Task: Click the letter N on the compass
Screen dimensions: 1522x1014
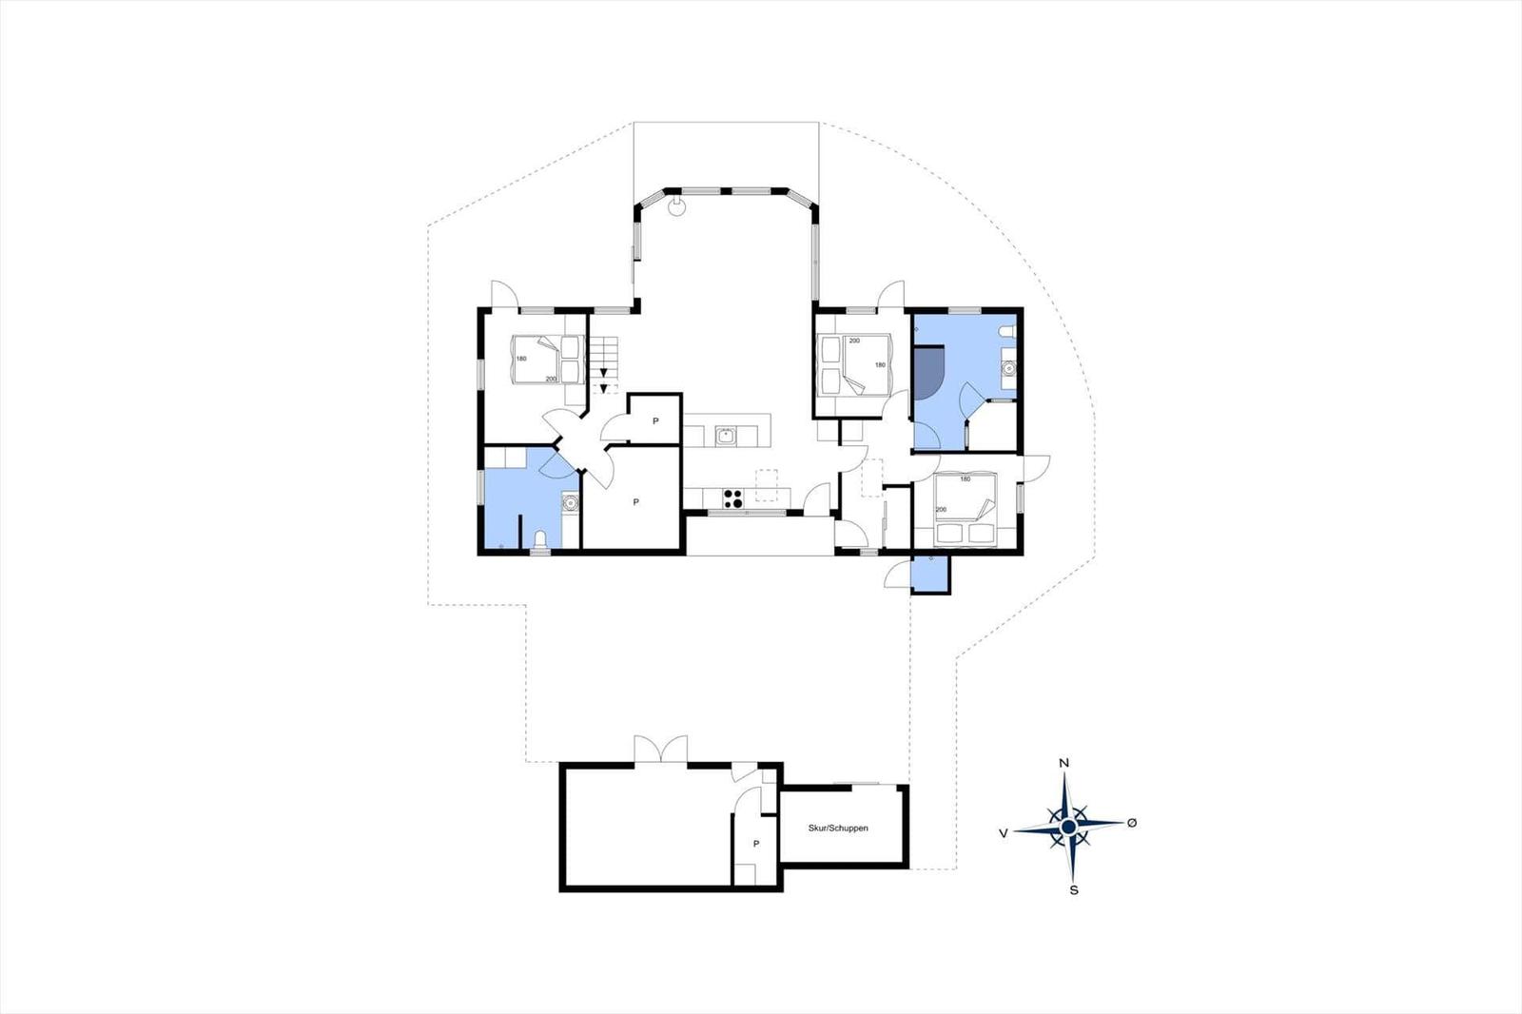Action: (x=1064, y=763)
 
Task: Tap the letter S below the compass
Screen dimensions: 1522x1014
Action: (x=1074, y=890)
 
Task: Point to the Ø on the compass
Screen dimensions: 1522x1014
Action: (x=1132, y=823)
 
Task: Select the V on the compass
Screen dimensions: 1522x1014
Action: (x=1003, y=833)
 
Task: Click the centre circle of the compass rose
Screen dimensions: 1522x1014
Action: (x=1068, y=827)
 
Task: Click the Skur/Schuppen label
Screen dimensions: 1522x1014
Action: (x=838, y=828)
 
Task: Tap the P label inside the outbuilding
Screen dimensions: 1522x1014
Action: (x=755, y=844)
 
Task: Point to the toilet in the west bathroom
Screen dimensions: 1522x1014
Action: (x=541, y=539)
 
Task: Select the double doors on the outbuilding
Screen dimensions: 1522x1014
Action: (x=660, y=749)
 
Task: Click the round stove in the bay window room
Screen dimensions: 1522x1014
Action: (x=676, y=205)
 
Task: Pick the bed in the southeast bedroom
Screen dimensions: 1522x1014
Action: (x=965, y=510)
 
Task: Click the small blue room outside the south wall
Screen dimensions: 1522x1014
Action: (x=931, y=574)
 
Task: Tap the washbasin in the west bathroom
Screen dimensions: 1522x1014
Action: (x=570, y=503)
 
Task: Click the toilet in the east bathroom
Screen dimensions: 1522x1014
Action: (x=1007, y=331)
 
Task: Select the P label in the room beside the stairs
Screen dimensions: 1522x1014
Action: (x=655, y=421)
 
